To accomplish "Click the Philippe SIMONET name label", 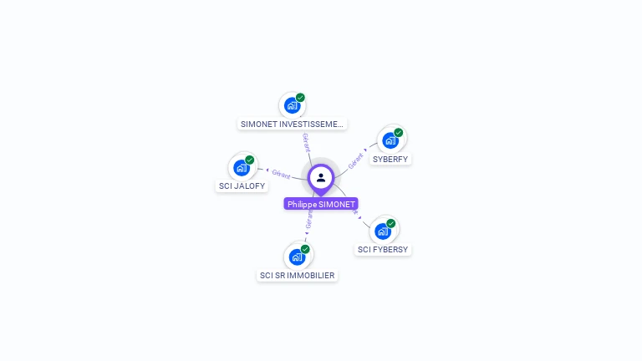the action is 321,204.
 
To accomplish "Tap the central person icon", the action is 321,177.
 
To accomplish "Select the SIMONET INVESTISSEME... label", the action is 292,124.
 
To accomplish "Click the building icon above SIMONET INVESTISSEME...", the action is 291,105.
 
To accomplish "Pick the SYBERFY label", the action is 391,159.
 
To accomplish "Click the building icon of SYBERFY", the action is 390,140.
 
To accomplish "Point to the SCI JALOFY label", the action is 242,186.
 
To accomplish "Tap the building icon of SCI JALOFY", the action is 242,167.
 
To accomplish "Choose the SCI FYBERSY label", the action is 384,249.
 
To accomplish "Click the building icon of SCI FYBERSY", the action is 383,231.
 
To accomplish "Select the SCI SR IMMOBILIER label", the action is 298,275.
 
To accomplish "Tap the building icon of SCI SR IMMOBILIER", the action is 297,257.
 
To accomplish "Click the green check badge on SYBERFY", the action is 399,133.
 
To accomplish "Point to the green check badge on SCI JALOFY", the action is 250,160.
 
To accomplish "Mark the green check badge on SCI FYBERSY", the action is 391,223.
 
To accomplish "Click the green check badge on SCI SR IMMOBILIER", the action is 305,249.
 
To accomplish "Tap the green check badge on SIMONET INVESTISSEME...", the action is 300,98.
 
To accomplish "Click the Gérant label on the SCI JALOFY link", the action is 281,175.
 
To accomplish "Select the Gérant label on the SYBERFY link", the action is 356,161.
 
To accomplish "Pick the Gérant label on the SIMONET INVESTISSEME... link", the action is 306,142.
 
